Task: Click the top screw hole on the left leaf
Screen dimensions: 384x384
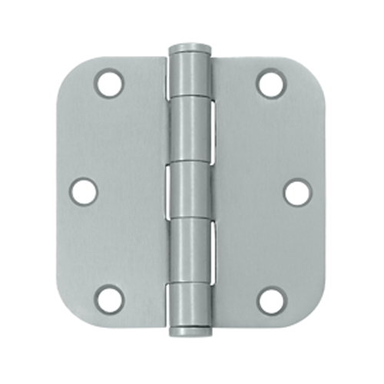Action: (x=108, y=83)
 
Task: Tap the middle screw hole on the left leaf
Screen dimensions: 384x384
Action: (x=85, y=191)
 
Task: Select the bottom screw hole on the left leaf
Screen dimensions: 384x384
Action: (x=109, y=300)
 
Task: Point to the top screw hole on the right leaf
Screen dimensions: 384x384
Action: (x=271, y=83)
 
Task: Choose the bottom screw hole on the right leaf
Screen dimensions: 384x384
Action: (x=272, y=300)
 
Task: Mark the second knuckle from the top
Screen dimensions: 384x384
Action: (x=189, y=131)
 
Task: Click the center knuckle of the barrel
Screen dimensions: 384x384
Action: (x=189, y=191)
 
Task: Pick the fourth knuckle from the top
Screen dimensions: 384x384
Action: (x=189, y=249)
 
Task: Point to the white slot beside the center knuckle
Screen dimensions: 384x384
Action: (x=170, y=191)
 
